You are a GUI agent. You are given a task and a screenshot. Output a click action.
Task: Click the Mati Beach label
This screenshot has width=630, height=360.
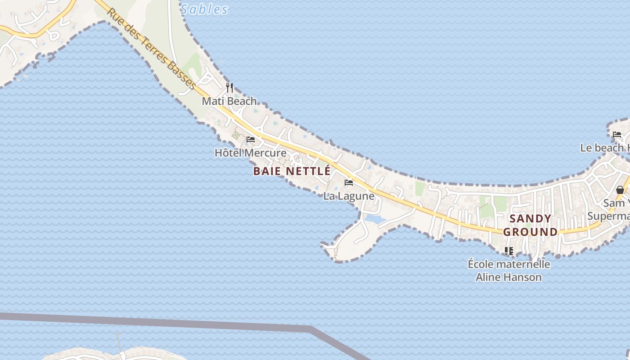click(229, 101)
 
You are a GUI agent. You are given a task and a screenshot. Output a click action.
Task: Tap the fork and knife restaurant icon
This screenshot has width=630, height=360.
click(229, 87)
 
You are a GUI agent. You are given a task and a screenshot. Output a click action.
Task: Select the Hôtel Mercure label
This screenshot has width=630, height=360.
click(250, 153)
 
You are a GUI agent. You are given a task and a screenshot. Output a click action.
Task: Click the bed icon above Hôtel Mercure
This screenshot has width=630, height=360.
click(251, 139)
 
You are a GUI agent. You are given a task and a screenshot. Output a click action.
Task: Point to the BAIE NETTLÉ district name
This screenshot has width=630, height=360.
click(292, 171)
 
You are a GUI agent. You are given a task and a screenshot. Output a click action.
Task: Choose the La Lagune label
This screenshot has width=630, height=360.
click(349, 196)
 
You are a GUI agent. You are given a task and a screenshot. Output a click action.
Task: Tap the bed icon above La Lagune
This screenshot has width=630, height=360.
click(348, 183)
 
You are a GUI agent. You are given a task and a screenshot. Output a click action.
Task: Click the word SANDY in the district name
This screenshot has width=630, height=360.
click(530, 219)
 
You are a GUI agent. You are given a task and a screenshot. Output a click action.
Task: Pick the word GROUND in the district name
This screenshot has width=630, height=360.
click(530, 232)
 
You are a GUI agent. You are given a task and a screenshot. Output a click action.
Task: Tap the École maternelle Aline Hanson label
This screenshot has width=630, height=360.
click(509, 270)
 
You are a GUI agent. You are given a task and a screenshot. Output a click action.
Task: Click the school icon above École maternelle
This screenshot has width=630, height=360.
click(509, 251)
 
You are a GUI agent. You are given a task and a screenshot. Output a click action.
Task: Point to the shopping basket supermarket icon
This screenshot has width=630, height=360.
click(620, 189)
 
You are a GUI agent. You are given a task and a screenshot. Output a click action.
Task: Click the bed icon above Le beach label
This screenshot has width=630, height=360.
click(617, 134)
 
